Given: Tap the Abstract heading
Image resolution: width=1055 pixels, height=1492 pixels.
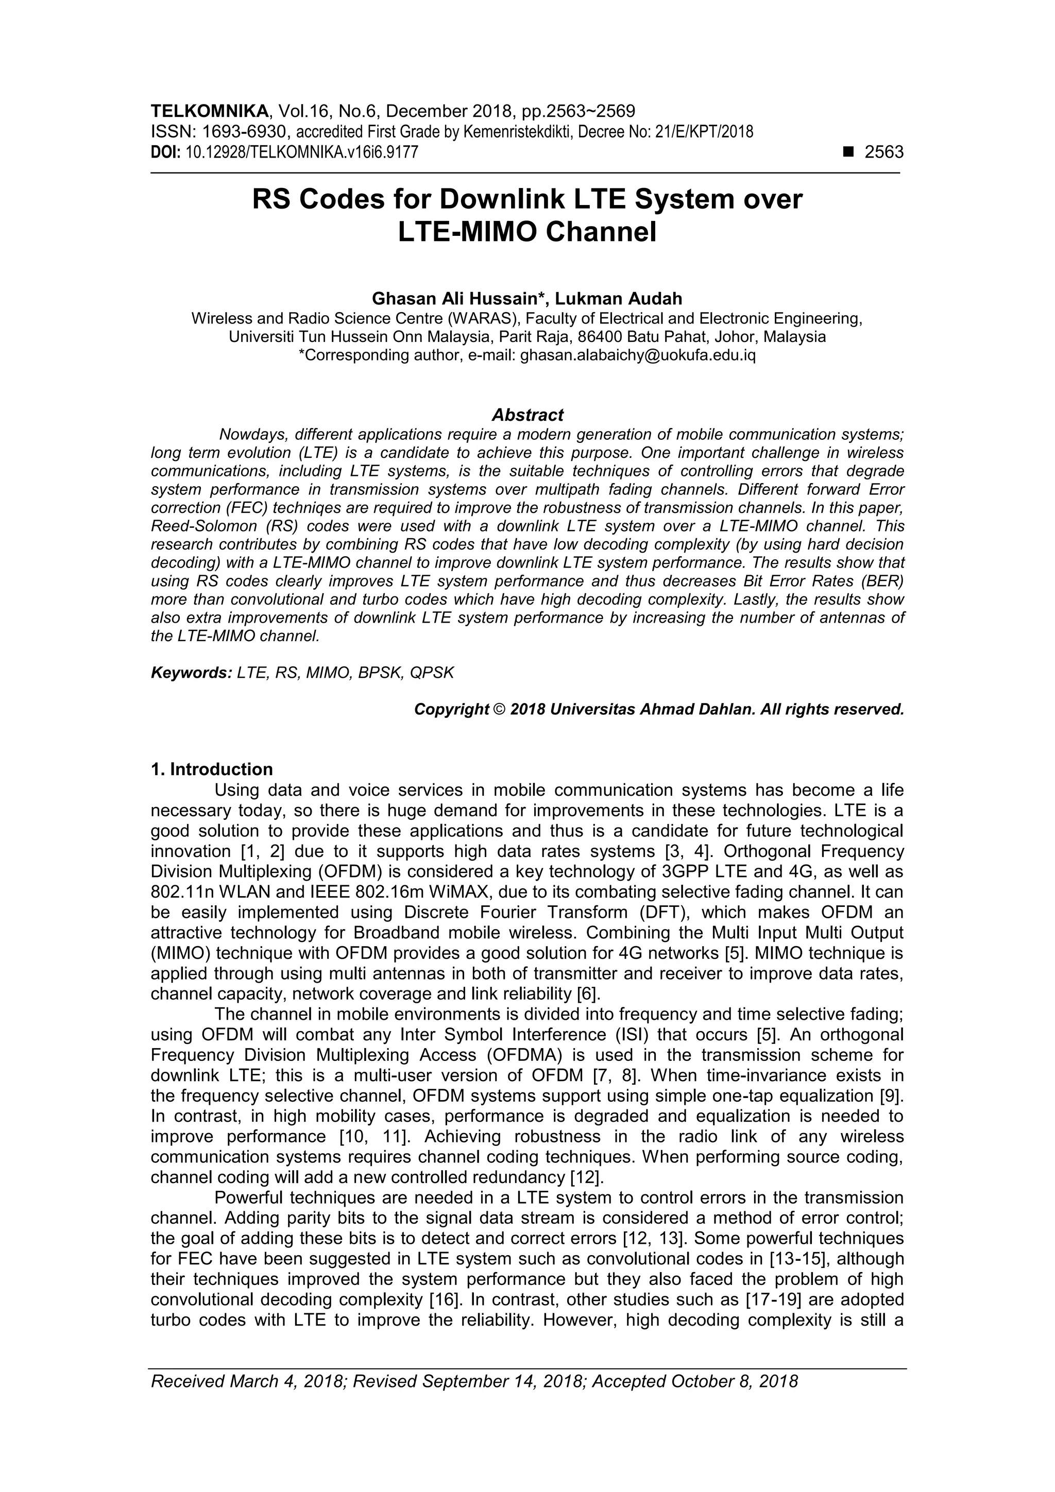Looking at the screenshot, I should (527, 415).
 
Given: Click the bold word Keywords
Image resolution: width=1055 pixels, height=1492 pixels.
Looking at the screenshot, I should (191, 673).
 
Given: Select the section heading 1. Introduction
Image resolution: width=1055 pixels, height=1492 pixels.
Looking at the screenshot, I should (211, 769).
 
